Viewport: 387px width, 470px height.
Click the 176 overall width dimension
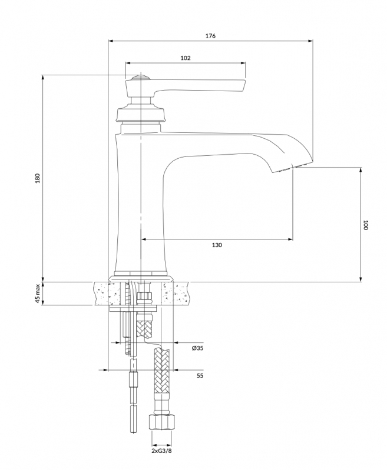click(210, 36)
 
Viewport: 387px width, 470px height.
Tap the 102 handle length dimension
click(186, 58)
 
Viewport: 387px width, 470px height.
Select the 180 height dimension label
click(38, 179)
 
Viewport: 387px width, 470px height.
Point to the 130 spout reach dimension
click(217, 245)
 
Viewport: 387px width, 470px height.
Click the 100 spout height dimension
click(365, 225)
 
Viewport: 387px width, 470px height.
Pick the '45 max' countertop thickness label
click(38, 294)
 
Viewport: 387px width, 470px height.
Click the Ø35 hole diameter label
click(197, 348)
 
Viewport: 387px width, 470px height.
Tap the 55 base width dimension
click(200, 375)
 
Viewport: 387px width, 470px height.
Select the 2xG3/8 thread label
click(162, 459)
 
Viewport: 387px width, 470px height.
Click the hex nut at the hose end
click(162, 422)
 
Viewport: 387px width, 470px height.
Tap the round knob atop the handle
click(140, 77)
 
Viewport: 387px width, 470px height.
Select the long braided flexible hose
click(162, 381)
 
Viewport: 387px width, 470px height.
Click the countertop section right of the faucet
click(176, 294)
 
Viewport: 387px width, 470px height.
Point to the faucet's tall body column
click(140, 204)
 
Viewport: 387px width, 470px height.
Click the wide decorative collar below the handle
click(141, 114)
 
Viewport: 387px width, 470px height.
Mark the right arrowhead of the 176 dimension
click(310, 41)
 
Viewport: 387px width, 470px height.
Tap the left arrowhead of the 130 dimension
click(144, 239)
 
